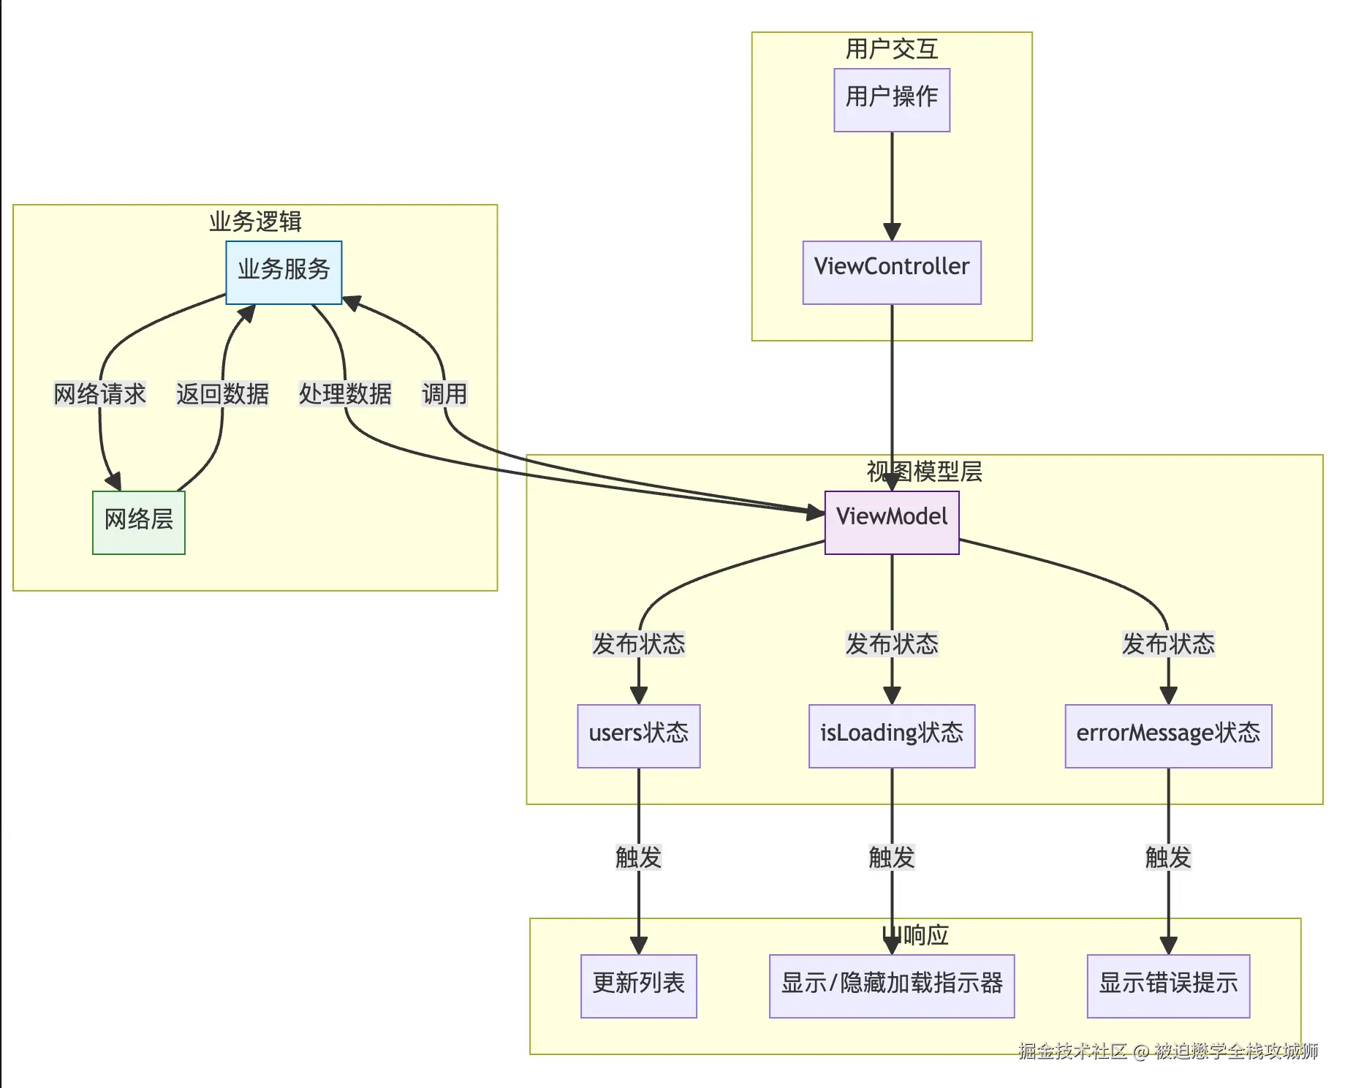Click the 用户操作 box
[892, 100]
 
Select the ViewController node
[892, 272]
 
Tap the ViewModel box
[892, 522]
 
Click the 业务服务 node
[284, 272]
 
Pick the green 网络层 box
[139, 522]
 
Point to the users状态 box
[639, 736]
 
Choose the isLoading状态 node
[892, 736]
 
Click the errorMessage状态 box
[1168, 736]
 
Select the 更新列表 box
[639, 986]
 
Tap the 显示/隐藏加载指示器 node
[892, 986]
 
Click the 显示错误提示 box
[1168, 986]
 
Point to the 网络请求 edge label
[100, 394]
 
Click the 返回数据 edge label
[222, 394]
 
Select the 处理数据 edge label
[345, 394]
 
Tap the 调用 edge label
[444, 394]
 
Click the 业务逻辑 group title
[255, 222]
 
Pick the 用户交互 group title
[892, 49]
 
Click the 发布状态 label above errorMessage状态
[1168, 644]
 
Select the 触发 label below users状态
[639, 857]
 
